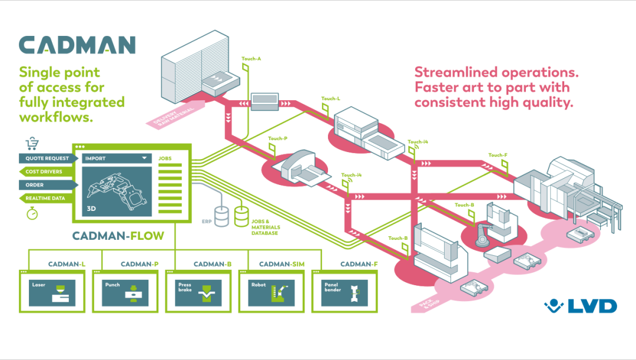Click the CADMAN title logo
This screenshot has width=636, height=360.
77,45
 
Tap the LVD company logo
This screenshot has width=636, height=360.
581,306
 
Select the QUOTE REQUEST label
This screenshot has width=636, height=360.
47,158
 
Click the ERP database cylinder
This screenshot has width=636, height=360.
222,216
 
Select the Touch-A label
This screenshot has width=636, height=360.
251,59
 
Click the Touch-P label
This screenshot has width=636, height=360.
277,138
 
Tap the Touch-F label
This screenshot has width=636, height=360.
497,156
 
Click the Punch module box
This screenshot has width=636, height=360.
125,292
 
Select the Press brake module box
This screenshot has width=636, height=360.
198,292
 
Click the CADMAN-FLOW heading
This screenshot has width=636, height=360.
118,236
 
